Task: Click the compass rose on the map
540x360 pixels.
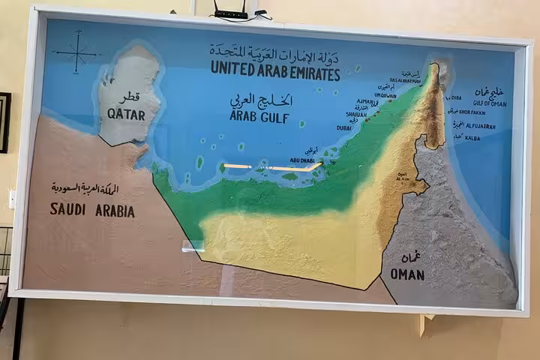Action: [x=76, y=54]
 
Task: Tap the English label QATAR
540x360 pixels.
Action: [x=126, y=114]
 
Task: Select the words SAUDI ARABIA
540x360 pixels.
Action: [x=92, y=211]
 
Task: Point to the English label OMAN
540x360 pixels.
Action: [x=407, y=274]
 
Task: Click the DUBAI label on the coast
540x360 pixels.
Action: [x=344, y=128]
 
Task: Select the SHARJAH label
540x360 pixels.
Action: [x=355, y=115]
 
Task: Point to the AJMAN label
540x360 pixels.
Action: [x=367, y=101]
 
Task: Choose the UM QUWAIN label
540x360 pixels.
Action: [x=385, y=95]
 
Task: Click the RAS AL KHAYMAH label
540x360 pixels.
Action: [x=405, y=80]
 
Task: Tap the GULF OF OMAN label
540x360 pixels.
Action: [x=489, y=103]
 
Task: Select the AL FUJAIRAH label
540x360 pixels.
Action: [x=480, y=127]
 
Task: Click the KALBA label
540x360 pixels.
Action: [x=472, y=138]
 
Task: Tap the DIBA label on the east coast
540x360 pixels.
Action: [x=454, y=97]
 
